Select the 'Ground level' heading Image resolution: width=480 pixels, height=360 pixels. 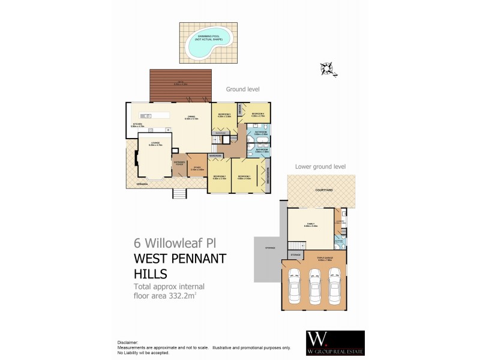click(x=242, y=89)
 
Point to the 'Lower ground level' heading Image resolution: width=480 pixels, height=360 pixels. click(x=320, y=167)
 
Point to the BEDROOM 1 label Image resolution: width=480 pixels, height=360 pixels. click(x=244, y=176)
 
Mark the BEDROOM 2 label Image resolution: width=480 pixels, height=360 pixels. click(x=218, y=176)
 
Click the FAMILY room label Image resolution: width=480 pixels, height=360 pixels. click(x=310, y=223)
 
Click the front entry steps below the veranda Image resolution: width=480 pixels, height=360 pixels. click(x=179, y=194)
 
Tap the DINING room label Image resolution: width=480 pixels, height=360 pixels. click(x=191, y=116)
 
